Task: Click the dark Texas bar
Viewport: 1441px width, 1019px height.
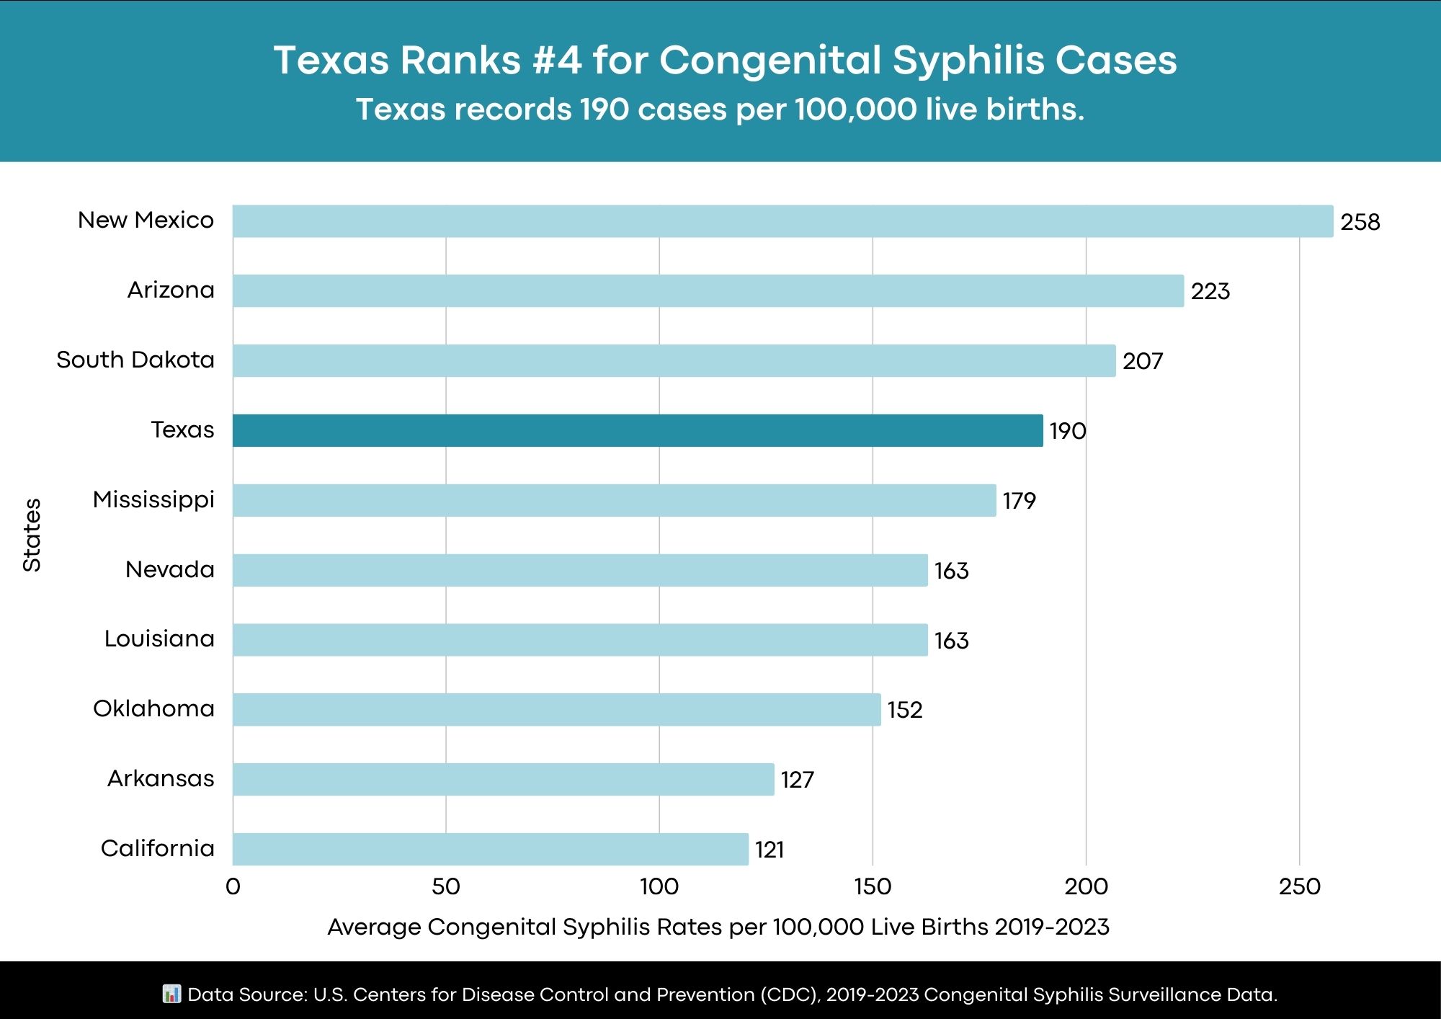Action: click(638, 430)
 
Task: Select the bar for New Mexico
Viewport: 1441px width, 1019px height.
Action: click(782, 221)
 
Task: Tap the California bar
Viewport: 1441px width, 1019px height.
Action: click(490, 849)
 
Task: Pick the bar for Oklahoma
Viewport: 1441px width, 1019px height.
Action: click(556, 710)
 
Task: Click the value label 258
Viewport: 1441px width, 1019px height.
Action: click(1360, 222)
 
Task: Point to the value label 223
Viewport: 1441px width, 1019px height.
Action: click(1210, 292)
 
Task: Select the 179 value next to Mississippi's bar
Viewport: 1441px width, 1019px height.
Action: click(1019, 501)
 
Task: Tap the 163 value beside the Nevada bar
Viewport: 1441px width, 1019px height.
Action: click(951, 571)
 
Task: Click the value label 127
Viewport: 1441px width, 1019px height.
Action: click(797, 780)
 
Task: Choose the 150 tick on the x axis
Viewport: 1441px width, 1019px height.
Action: click(873, 886)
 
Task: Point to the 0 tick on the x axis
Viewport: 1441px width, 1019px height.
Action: click(233, 886)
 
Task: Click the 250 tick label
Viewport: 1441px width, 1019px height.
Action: click(1300, 886)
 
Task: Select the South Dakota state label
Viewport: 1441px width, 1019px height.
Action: click(135, 360)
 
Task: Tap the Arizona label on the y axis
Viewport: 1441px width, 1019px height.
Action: click(171, 290)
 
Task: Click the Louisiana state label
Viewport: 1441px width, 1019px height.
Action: click(159, 638)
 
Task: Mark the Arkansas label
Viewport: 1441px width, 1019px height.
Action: click(161, 778)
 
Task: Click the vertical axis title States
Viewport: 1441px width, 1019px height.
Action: click(32, 535)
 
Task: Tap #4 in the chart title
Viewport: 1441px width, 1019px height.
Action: click(557, 60)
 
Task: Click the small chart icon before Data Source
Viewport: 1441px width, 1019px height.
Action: click(171, 994)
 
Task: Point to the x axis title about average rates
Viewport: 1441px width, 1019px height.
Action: click(718, 927)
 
